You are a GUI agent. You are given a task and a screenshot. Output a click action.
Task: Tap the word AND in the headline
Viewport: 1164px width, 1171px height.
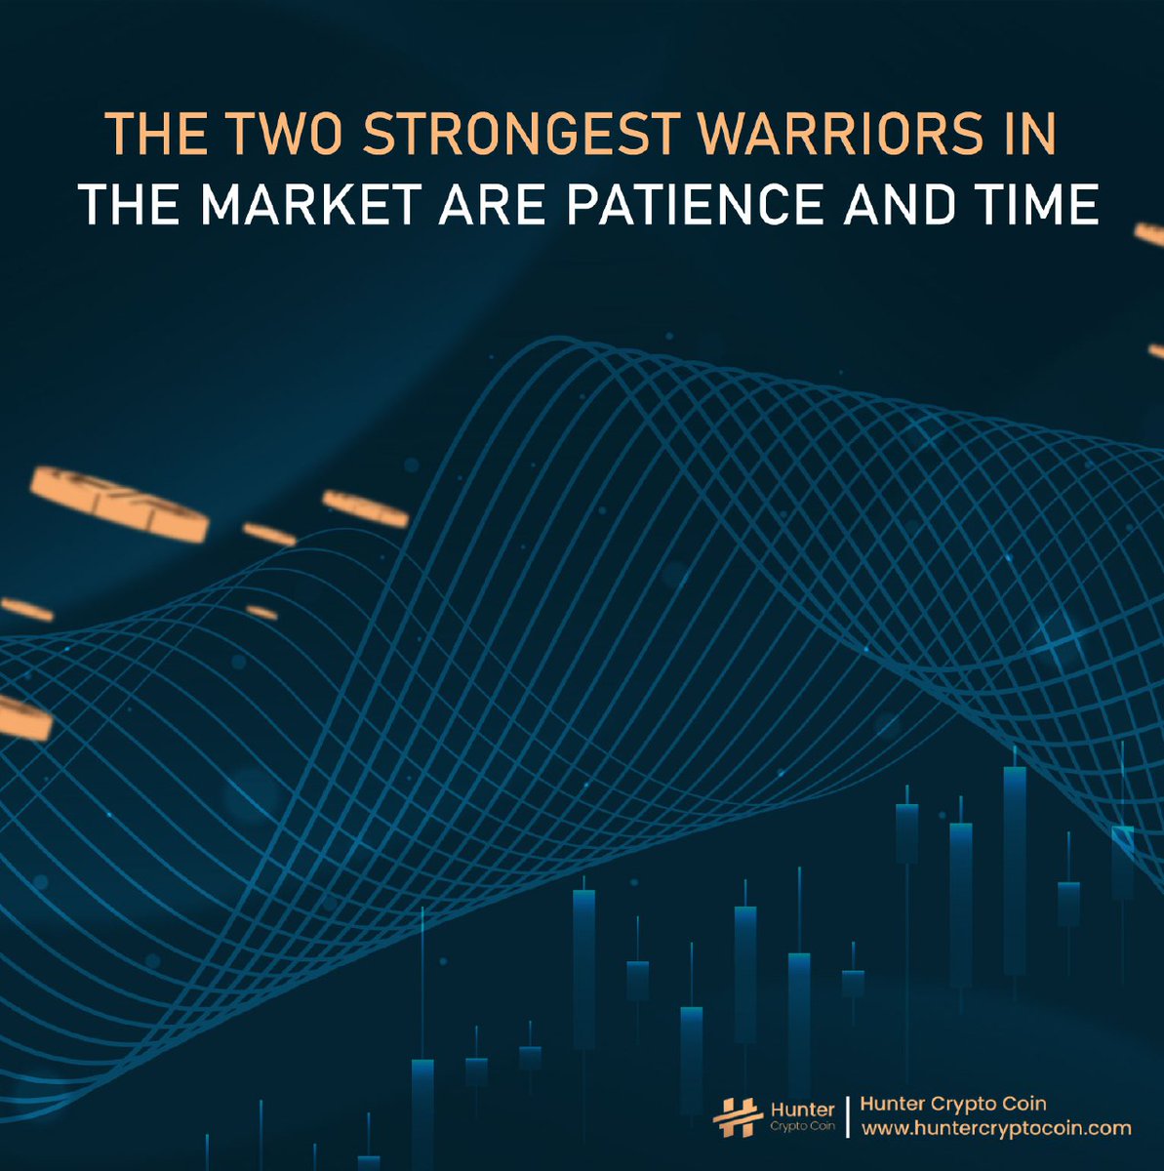click(899, 206)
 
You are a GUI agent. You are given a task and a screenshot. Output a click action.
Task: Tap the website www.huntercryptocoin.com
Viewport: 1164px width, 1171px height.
click(996, 1129)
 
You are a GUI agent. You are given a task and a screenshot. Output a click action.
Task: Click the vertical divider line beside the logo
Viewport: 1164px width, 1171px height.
click(848, 1116)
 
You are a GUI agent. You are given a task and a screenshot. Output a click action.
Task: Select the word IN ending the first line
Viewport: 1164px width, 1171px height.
click(1031, 135)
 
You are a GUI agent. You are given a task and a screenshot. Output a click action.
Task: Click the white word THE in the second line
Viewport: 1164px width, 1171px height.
click(128, 206)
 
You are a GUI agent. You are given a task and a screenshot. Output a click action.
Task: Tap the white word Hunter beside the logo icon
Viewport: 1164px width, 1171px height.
click(802, 1110)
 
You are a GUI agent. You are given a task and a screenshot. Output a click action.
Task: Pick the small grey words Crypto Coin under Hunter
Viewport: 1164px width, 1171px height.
click(802, 1127)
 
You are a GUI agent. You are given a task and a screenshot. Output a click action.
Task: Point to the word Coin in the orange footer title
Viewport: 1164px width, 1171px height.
click(1024, 1104)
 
